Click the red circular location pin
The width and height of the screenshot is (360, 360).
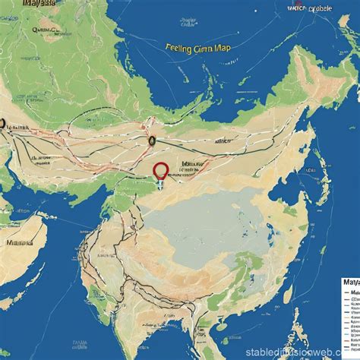(x=160, y=171)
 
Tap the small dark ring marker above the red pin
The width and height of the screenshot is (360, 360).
(x=152, y=140)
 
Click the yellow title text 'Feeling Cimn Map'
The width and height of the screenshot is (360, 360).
(x=197, y=46)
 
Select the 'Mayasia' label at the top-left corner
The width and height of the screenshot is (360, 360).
(x=38, y=4)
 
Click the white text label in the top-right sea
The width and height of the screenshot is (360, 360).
(x=310, y=8)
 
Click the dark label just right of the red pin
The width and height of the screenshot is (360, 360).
(x=191, y=164)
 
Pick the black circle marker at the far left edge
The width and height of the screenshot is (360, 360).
(x=2, y=124)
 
